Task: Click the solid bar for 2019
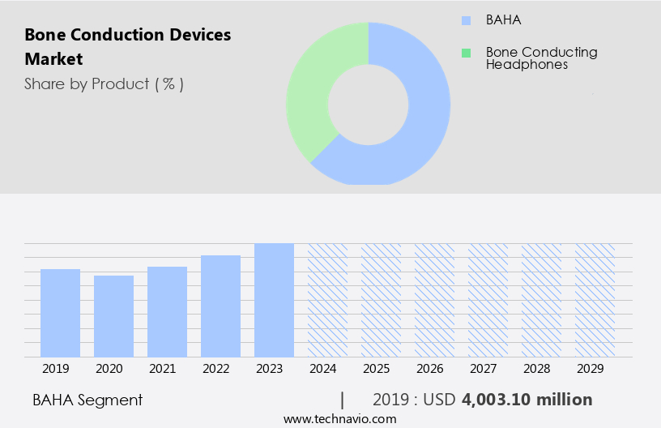[x=60, y=313]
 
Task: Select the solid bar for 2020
[x=113, y=316]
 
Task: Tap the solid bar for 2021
[x=167, y=312]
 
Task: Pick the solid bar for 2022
[x=220, y=306]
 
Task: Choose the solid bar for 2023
[x=274, y=300]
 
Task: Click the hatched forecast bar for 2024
[x=327, y=300]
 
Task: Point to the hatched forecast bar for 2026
[x=434, y=300]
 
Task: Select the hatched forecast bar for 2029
[x=595, y=300]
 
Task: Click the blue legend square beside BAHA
[x=465, y=20]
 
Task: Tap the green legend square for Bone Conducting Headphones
[x=465, y=53]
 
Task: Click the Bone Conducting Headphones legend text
[x=541, y=58]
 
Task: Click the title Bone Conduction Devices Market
[x=127, y=47]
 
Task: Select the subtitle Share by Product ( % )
[x=104, y=83]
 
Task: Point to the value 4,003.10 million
[x=527, y=400]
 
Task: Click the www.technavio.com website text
[x=339, y=419]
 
